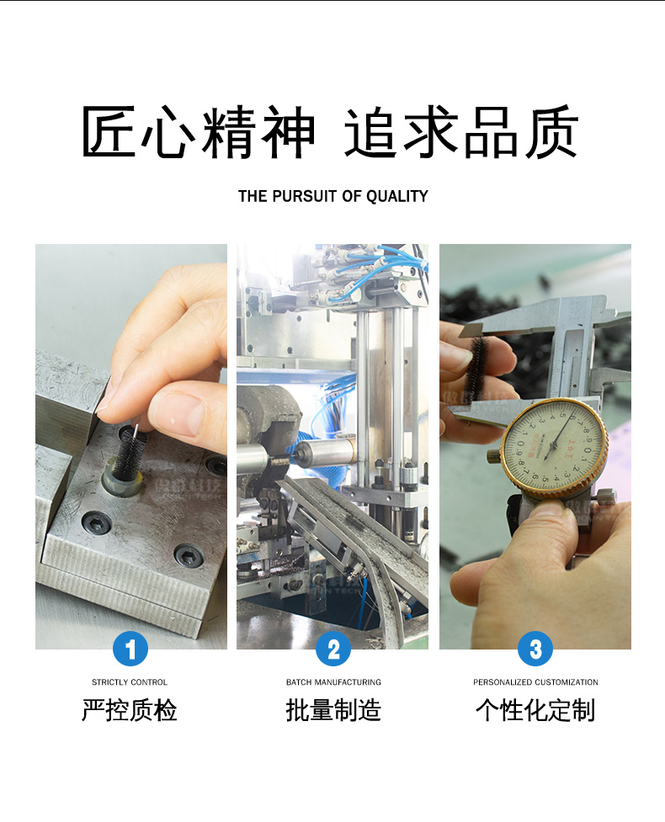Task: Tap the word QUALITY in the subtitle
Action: click(397, 196)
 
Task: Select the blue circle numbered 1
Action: click(130, 649)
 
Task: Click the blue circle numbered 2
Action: click(333, 649)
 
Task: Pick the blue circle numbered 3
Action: click(535, 649)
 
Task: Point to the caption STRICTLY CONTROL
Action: click(130, 682)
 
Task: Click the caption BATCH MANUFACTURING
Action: click(333, 682)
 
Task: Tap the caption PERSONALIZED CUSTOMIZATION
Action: click(535, 682)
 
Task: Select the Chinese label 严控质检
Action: click(130, 711)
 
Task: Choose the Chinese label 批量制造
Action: click(333, 711)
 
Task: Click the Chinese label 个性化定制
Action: click(535, 711)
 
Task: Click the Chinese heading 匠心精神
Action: click(199, 133)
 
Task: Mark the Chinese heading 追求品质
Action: click(461, 133)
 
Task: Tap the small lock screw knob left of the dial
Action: click(493, 456)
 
